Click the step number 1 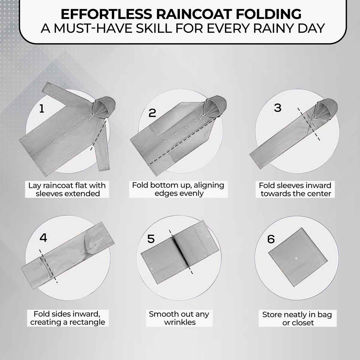coord(42,108)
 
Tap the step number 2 coord(152,113)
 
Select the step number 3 coord(277,108)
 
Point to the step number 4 coord(43,238)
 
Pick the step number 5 coord(151,239)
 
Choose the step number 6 coord(271,239)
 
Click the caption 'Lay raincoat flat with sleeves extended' coord(67,189)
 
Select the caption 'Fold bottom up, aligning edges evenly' coord(178,189)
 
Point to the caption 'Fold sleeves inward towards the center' coord(295,189)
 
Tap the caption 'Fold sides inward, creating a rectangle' coord(67,318)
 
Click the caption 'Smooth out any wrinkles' coord(179,318)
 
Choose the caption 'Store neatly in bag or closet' coord(297,319)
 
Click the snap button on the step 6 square coord(296,258)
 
